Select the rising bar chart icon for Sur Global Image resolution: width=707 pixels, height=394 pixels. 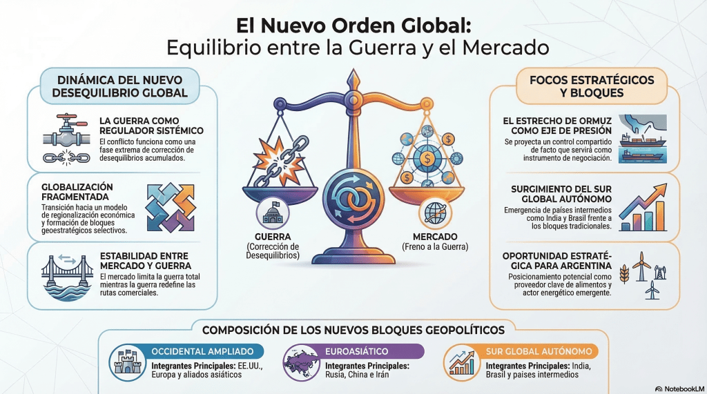(643, 209)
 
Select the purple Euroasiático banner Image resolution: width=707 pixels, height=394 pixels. (374, 351)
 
